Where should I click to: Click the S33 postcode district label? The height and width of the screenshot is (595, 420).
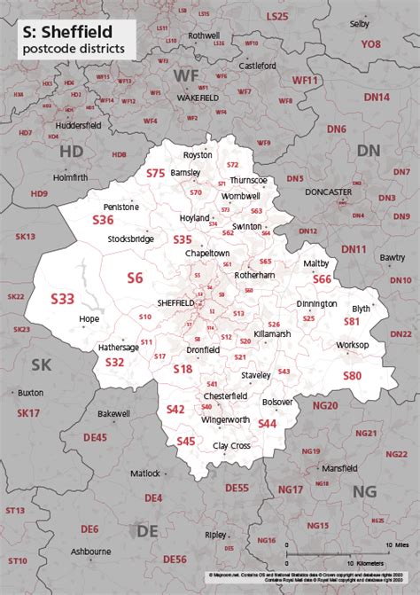pos(62,299)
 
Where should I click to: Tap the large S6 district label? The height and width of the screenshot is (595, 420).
pos(135,278)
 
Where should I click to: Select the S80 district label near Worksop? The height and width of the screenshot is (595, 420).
pos(352,375)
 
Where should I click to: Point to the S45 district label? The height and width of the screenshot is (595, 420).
pos(185,441)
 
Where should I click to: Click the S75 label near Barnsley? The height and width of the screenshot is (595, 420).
pos(156,173)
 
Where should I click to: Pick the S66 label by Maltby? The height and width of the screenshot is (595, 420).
pos(322,279)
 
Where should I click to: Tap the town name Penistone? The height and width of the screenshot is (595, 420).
pos(121,206)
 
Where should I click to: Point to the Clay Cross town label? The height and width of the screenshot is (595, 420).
pos(230,446)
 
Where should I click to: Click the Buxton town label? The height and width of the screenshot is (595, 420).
pos(30,391)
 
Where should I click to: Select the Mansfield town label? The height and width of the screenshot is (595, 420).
pos(339,467)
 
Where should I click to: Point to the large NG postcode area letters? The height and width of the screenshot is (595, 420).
pos(364,491)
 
